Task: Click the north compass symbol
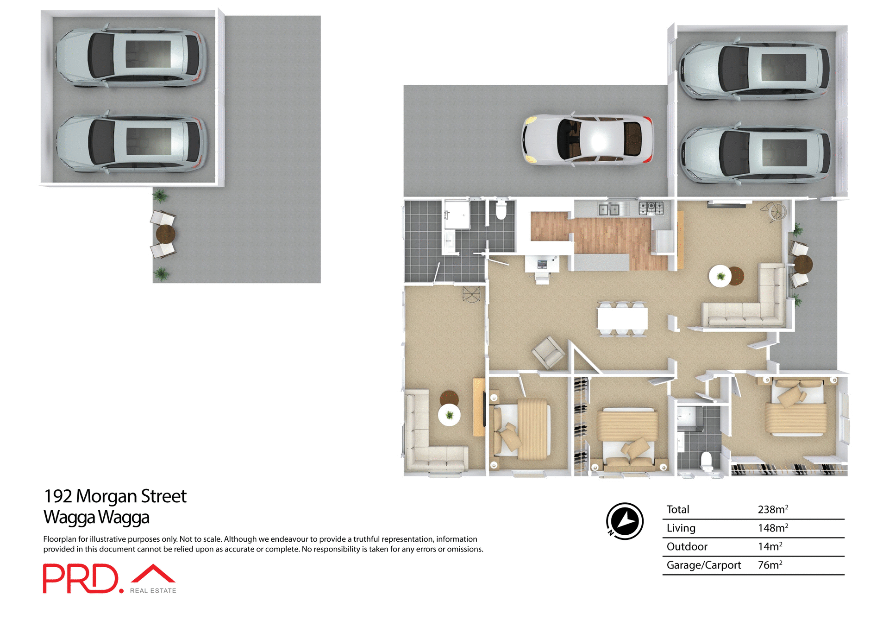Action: [625, 521]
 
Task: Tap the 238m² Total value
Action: [772, 510]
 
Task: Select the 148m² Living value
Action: [772, 528]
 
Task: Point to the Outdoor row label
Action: [687, 547]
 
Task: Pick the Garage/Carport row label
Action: [703, 565]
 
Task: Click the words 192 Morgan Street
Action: [115, 496]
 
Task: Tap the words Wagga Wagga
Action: [96, 517]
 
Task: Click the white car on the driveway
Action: [588, 139]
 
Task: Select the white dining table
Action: [622, 319]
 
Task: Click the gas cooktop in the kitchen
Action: [651, 208]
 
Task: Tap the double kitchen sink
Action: [608, 210]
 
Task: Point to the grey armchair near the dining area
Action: [549, 352]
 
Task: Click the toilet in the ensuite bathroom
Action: [706, 461]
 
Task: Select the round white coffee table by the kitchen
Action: [720, 276]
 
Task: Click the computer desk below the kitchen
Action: [542, 265]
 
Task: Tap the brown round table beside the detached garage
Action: [165, 234]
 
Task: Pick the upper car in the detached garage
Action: [131, 57]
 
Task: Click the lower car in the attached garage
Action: [754, 155]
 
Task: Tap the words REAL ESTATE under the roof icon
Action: [153, 591]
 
